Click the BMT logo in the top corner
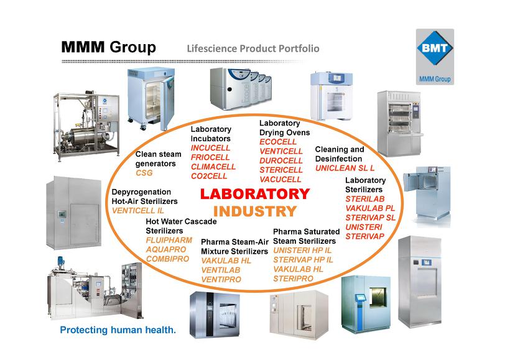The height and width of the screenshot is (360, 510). click(x=435, y=50)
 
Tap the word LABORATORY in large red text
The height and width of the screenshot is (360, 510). click(x=254, y=194)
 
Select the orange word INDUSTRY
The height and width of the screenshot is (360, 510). click(x=254, y=211)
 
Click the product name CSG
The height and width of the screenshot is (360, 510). click(x=144, y=173)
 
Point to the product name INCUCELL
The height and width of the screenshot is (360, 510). click(x=210, y=148)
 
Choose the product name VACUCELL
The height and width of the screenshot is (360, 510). click(x=280, y=180)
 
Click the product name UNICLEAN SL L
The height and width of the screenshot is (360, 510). click(x=345, y=168)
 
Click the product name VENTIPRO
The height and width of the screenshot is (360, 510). click(x=221, y=279)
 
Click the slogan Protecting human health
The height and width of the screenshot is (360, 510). click(x=118, y=330)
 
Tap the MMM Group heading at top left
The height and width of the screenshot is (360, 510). click(x=108, y=48)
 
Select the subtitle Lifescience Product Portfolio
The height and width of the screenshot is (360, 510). click(x=253, y=48)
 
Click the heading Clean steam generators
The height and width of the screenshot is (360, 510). click(x=159, y=159)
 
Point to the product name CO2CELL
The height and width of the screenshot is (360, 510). click(x=209, y=176)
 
